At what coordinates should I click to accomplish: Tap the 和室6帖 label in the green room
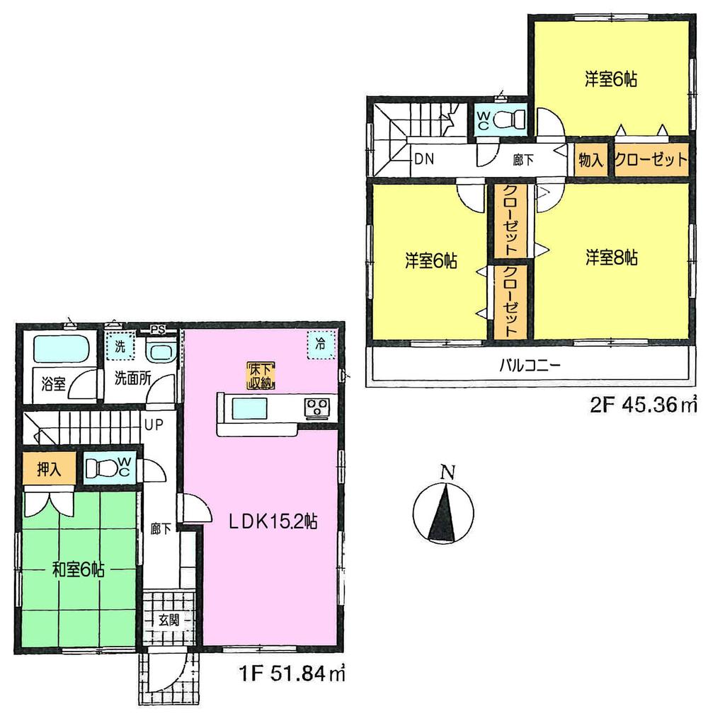pos(77,569)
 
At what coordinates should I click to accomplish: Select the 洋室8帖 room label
pos(612,257)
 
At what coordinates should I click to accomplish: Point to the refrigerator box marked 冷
pos(320,346)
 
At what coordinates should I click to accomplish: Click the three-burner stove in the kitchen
pos(315,407)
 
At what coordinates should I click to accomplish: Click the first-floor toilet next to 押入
pos(107,468)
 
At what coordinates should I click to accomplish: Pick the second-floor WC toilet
pos(506,119)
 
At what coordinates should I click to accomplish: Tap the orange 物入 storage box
pos(590,159)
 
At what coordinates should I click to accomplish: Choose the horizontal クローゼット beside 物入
pos(650,159)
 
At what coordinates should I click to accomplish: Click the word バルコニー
pos(530,366)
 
